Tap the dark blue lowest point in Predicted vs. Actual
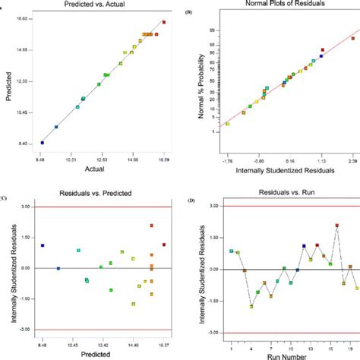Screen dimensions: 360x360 point(43,142)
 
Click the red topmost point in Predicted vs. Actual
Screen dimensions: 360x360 point(164,23)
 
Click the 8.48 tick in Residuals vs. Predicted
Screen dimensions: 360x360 point(43,346)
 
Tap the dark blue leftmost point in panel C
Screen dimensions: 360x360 point(43,245)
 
